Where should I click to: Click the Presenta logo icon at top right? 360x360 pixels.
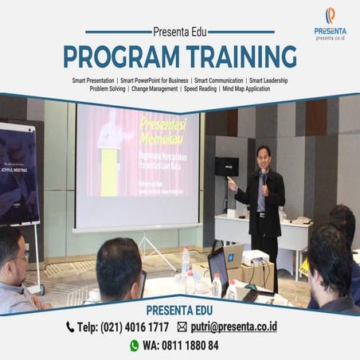pos(330,16)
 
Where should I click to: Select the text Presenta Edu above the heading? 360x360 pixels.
pos(179,33)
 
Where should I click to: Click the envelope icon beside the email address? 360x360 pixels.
pos(182,327)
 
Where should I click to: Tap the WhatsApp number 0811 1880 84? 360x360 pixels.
pos(188,346)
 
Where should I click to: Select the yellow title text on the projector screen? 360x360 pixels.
pos(167,133)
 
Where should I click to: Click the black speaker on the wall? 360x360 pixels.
pos(226,166)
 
